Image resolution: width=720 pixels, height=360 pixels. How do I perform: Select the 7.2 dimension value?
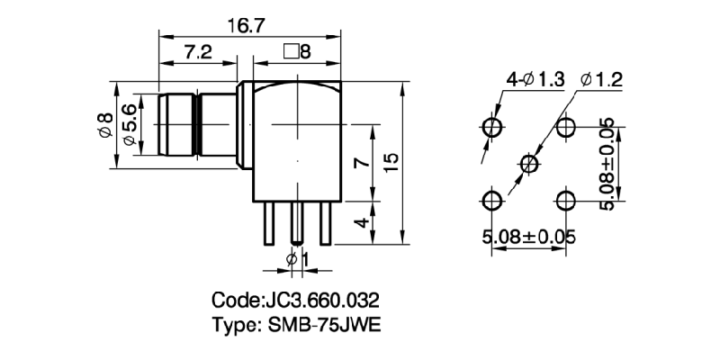(197, 53)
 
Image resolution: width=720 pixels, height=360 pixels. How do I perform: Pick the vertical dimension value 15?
(391, 163)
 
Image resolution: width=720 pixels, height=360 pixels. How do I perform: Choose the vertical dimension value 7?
(359, 163)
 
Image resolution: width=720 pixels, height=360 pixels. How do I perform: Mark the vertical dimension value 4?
(359, 223)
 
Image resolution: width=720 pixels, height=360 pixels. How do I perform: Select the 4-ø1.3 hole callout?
(535, 79)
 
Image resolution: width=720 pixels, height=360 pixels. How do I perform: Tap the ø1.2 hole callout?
(602, 79)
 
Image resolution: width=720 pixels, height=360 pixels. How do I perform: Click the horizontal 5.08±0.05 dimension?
(529, 238)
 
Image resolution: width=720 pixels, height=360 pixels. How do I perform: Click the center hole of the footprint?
(529, 163)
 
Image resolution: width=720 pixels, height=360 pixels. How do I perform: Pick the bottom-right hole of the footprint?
(566, 199)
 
